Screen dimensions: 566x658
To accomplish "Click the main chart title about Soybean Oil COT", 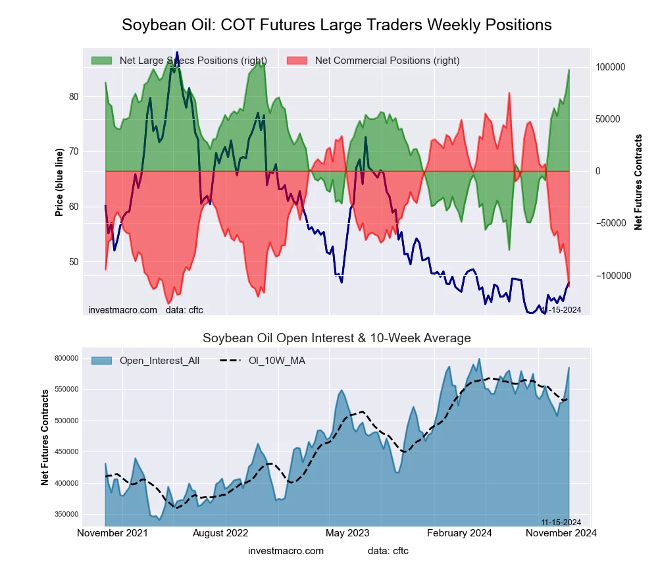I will point(336,25).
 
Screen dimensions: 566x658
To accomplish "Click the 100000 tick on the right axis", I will point(611,68).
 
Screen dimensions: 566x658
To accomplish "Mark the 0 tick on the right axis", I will point(598,172).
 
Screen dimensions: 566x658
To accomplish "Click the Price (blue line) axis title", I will point(60,182).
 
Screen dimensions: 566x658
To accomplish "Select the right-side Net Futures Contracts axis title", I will point(638,182).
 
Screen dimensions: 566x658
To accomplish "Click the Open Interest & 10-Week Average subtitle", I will point(336,338).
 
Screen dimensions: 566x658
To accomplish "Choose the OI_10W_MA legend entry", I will point(276,361).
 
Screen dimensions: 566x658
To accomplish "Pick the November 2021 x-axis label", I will point(113,533).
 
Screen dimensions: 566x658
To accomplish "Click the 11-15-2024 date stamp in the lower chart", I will point(556,523).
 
